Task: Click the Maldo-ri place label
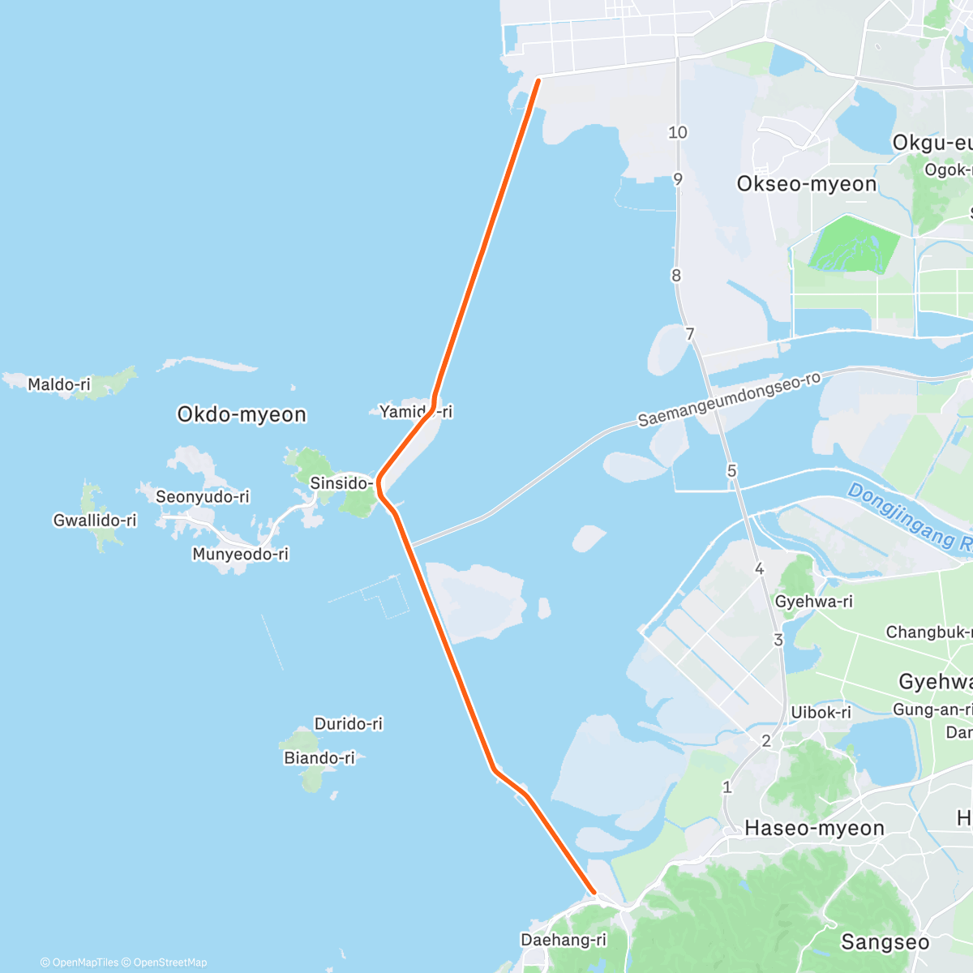click(x=59, y=384)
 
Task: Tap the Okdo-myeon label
click(x=242, y=414)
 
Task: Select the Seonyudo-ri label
click(x=203, y=496)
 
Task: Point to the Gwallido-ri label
click(x=95, y=521)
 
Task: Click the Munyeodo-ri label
click(x=240, y=555)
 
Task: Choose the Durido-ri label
click(x=349, y=723)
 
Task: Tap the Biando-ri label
click(x=319, y=758)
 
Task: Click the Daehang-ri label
click(x=564, y=940)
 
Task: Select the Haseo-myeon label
click(x=814, y=828)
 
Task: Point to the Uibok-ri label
click(x=821, y=712)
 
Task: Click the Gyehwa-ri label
click(x=814, y=602)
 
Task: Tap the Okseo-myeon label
click(x=807, y=184)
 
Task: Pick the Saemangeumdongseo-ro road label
click(x=729, y=400)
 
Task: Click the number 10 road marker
click(x=678, y=132)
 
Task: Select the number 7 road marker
click(x=690, y=334)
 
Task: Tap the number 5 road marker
click(x=732, y=471)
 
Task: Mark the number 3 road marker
click(x=778, y=640)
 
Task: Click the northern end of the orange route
click(x=538, y=79)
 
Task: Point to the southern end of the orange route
click(x=594, y=892)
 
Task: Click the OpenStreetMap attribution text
click(x=169, y=962)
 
